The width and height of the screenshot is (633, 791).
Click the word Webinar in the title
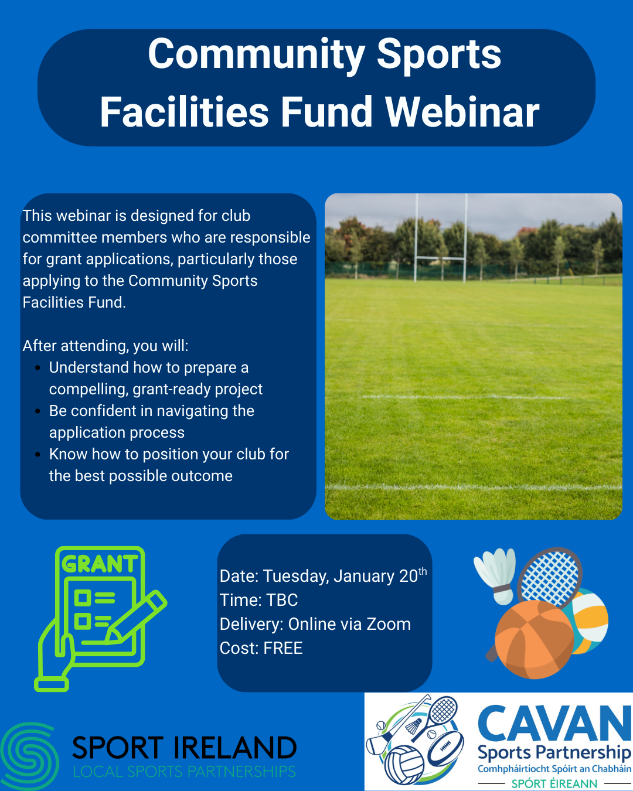(x=462, y=112)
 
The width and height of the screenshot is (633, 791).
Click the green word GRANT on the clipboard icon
(x=100, y=564)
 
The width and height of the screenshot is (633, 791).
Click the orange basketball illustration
(x=534, y=640)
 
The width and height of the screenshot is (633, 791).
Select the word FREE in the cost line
(x=283, y=647)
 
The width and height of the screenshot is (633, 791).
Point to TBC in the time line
(x=282, y=600)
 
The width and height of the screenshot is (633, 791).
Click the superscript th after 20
(x=423, y=571)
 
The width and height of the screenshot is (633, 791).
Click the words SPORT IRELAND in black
(x=184, y=748)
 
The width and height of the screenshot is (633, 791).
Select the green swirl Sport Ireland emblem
(x=29, y=756)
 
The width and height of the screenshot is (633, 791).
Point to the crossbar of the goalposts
(x=441, y=258)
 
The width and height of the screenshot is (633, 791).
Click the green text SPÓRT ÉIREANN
(x=554, y=783)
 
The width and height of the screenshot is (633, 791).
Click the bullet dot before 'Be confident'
(x=38, y=411)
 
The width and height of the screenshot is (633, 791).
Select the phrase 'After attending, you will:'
(x=105, y=346)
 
